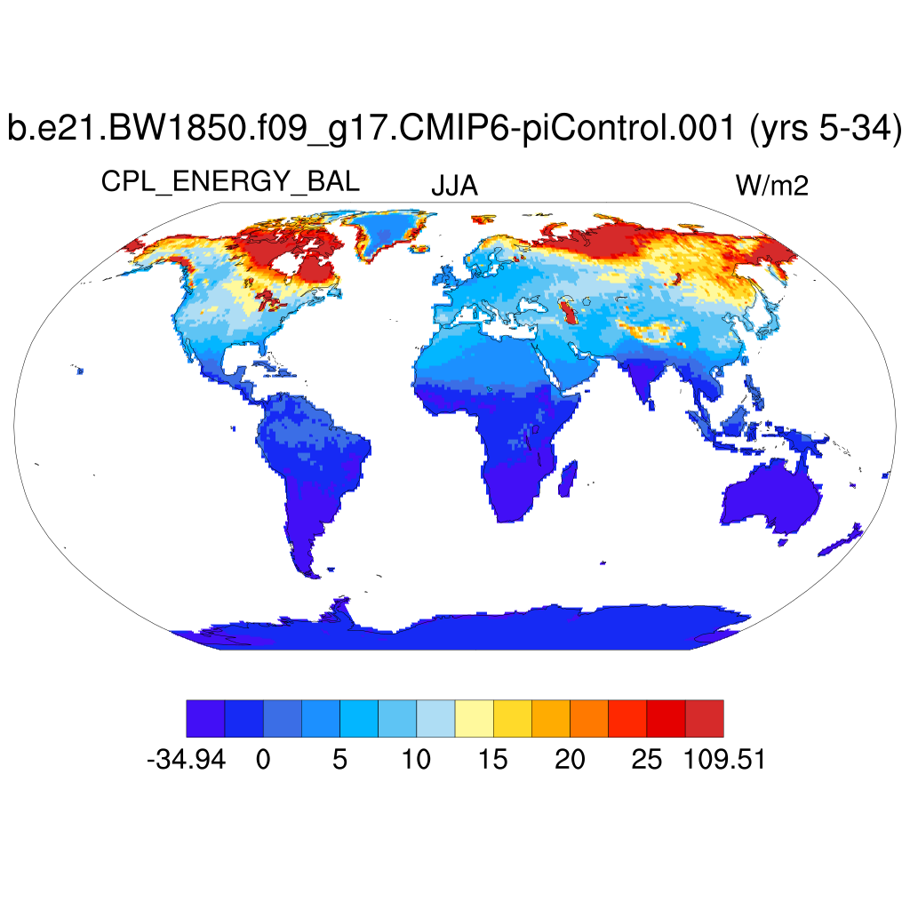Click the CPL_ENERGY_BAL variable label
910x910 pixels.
(230, 182)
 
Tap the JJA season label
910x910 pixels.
(454, 186)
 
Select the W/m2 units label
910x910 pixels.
(771, 186)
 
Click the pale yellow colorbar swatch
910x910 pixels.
(474, 718)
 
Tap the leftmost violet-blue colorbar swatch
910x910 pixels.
(205, 718)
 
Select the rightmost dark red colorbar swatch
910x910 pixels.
(704, 718)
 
